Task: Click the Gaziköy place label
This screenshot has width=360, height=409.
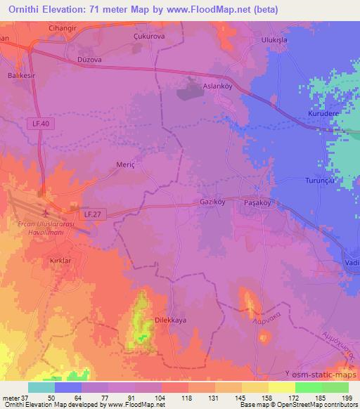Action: (x=214, y=200)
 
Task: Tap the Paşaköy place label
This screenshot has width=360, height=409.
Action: (x=257, y=200)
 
